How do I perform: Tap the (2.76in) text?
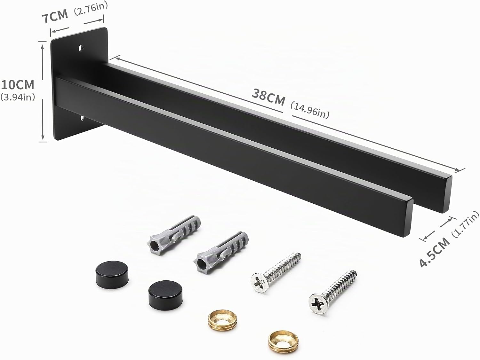pyautogui.click(x=91, y=9)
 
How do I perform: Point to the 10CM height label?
pyautogui.click(x=18, y=85)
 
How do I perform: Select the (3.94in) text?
pyautogui.click(x=18, y=97)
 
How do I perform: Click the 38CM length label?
pyautogui.click(x=268, y=98)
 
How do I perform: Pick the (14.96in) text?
pyautogui.click(x=310, y=111)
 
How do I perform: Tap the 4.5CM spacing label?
pyautogui.click(x=434, y=253)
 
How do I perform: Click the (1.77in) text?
pyautogui.click(x=465, y=224)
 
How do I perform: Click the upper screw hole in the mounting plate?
pyautogui.click(x=81, y=48)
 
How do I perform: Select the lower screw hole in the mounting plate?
pyautogui.click(x=83, y=118)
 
